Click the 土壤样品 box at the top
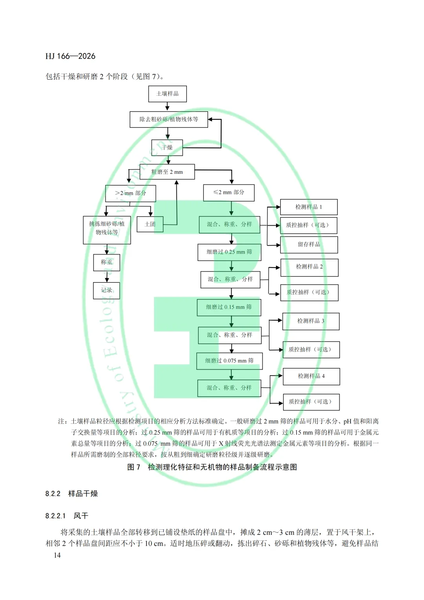(167, 94)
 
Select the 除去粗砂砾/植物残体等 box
(169, 119)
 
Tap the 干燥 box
(167, 148)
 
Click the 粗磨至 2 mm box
(167, 172)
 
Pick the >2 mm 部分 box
(131, 193)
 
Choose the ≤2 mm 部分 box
(229, 193)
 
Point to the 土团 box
(150, 224)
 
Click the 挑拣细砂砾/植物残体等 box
(107, 228)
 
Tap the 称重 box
(106, 262)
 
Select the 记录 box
(106, 290)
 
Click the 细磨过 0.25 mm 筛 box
(229, 252)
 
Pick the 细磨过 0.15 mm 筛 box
(229, 307)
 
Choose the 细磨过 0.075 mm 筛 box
(229, 361)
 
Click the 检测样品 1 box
(309, 207)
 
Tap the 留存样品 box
(309, 244)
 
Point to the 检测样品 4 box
(311, 376)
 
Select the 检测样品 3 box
(311, 321)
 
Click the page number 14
(57, 555)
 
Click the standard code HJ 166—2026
(70, 56)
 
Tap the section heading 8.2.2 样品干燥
(71, 494)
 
